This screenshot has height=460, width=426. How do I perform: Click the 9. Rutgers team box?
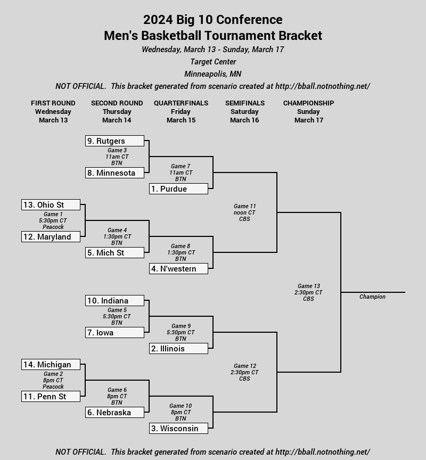pyautogui.click(x=114, y=141)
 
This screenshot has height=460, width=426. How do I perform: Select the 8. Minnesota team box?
pyautogui.click(x=114, y=173)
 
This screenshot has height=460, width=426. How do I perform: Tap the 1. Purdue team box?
pyautogui.click(x=178, y=189)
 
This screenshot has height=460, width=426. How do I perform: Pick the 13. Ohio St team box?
pyautogui.click(x=51, y=205)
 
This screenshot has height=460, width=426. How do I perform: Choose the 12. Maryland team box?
pyautogui.click(x=51, y=237)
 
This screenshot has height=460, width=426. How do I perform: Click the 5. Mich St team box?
pyautogui.click(x=114, y=253)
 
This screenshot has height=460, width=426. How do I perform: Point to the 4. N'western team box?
pyautogui.click(x=178, y=269)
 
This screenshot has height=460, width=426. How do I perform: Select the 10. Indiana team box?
pyautogui.click(x=114, y=301)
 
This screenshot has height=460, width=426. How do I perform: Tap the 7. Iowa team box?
pyautogui.click(x=114, y=333)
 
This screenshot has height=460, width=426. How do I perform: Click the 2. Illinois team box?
pyautogui.click(x=178, y=349)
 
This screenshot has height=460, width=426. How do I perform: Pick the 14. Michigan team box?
pyautogui.click(x=51, y=365)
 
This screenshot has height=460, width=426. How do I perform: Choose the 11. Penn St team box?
pyautogui.click(x=51, y=397)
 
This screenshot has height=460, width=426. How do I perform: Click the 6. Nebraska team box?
pyautogui.click(x=114, y=413)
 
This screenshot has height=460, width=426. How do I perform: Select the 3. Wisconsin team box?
pyautogui.click(x=178, y=429)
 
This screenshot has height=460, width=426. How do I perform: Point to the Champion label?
pyautogui.click(x=372, y=297)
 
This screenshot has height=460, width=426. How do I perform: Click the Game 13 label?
pyautogui.click(x=308, y=286)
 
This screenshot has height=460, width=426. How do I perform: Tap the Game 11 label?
pyautogui.click(x=244, y=207)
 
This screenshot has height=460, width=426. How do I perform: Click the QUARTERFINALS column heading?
pyautogui.click(x=181, y=103)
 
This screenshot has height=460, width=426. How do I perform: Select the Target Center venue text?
pyautogui.click(x=213, y=62)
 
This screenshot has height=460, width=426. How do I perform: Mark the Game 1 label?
pyautogui.click(x=53, y=215)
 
